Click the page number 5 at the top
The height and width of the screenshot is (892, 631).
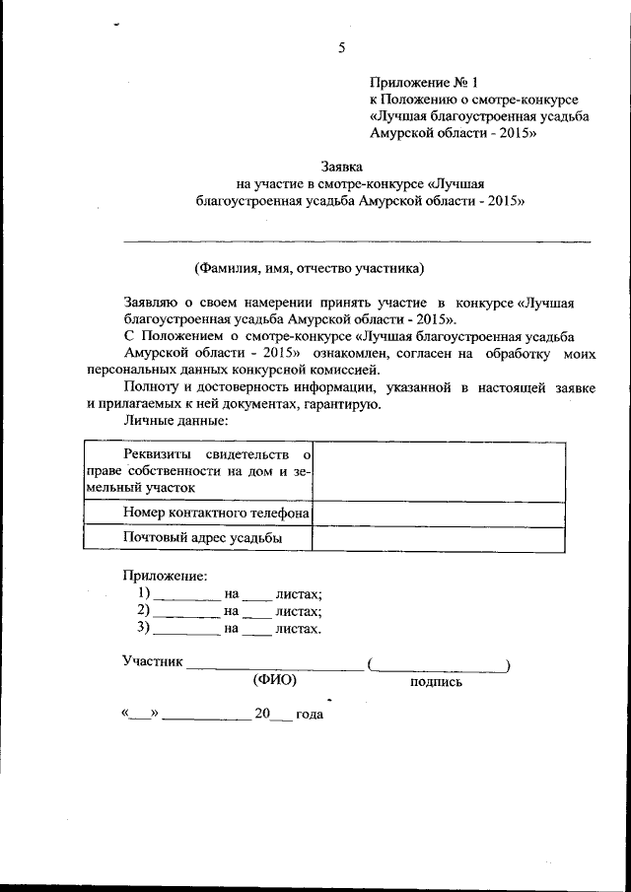click(x=341, y=47)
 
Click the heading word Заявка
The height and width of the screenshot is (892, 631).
click(x=343, y=166)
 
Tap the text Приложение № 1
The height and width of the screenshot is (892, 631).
click(x=422, y=82)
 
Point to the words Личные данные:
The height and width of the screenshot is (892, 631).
click(x=175, y=421)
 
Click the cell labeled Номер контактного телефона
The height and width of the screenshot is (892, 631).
click(x=217, y=513)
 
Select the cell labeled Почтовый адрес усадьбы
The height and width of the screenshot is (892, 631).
click(x=203, y=537)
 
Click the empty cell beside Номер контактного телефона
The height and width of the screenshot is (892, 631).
click(x=439, y=513)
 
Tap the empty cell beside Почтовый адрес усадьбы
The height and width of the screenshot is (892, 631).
click(x=439, y=537)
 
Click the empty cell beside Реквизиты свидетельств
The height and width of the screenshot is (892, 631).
click(x=439, y=470)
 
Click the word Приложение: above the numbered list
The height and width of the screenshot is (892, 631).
click(x=165, y=575)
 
